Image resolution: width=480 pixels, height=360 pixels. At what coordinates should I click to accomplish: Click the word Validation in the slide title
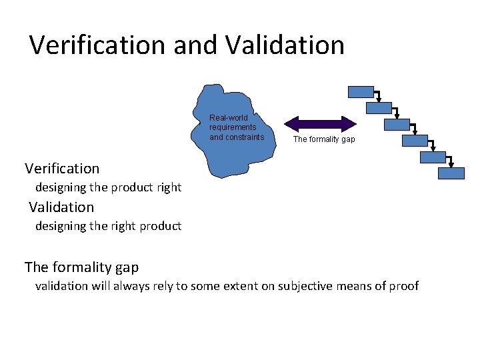coord(285,45)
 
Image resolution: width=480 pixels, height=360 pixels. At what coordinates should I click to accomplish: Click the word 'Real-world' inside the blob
coord(229,118)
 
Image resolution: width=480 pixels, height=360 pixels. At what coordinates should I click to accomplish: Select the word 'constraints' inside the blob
coord(237,137)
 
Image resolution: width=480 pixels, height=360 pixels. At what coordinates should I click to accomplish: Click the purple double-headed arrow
coord(321,123)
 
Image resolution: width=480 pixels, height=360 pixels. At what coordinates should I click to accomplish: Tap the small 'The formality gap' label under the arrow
coord(324,139)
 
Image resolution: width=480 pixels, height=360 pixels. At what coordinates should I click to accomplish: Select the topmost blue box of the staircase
coord(361,92)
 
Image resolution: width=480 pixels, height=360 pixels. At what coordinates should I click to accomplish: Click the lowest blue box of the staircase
coord(451,173)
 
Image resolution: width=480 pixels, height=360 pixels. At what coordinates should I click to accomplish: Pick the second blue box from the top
coord(379,108)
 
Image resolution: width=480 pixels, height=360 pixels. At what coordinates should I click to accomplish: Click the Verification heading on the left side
coord(62,169)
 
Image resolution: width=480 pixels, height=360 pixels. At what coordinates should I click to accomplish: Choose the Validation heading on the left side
coord(61,207)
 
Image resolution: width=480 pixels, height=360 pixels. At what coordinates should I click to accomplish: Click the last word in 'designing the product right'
coord(169,187)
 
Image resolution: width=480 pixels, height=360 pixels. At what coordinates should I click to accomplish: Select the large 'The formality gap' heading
coord(81,267)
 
